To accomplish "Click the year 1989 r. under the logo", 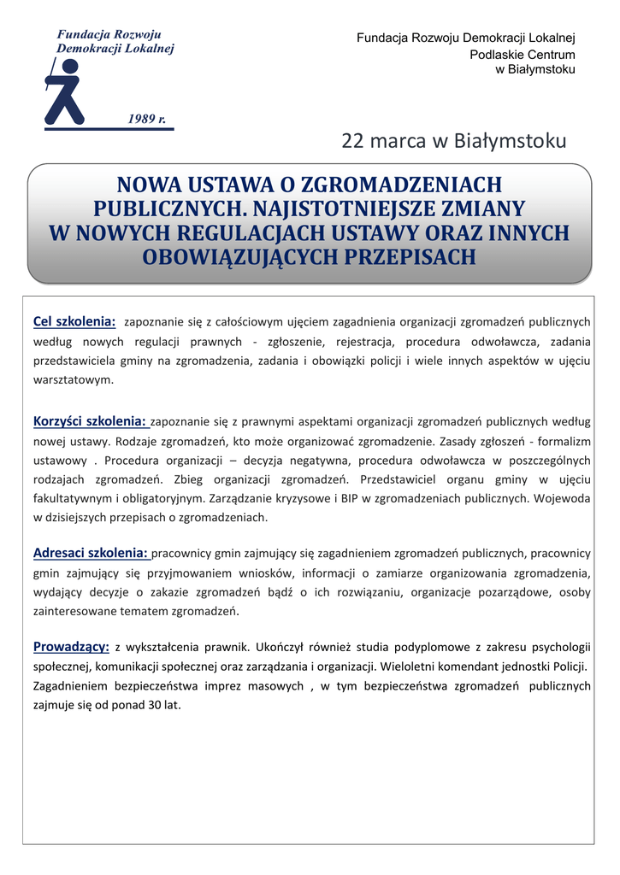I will pos(147,118).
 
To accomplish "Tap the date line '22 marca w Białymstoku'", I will pos(453,141).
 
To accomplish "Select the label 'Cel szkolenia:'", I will pos(74,321).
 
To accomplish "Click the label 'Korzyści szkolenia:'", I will pos(90,420).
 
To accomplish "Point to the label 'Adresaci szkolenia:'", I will pos(91,552).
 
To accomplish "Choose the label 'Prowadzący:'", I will pos(71,646).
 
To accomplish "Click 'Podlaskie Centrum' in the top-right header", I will pos(523,55).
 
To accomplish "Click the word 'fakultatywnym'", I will pos(74,497).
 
